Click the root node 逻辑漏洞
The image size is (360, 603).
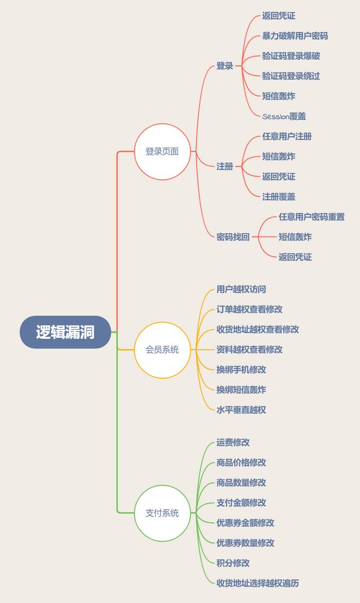[x=65, y=332]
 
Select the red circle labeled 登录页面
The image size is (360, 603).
[x=162, y=152]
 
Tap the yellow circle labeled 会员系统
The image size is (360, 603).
[x=162, y=350]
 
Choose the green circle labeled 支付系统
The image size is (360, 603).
[x=162, y=513]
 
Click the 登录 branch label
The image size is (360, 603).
[x=225, y=66]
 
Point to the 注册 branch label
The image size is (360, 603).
[x=225, y=166]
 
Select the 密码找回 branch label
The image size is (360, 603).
[x=233, y=237]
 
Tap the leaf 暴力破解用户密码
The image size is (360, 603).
[x=295, y=36]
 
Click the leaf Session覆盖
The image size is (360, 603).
[x=284, y=116]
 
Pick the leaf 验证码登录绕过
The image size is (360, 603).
[x=291, y=76]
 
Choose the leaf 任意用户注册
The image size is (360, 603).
[x=287, y=137]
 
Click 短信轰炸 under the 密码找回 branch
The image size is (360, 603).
[x=295, y=237]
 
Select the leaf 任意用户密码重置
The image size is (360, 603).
[x=311, y=217]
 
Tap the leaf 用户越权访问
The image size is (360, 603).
[x=241, y=290]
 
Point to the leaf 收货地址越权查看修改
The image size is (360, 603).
[x=258, y=330]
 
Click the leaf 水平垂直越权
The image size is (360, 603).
[x=241, y=410]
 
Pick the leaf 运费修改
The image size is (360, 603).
[x=233, y=442]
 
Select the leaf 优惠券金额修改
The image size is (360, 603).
[x=245, y=523]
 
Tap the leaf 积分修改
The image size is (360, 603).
[x=233, y=563]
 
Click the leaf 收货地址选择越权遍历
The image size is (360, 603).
[x=258, y=583]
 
